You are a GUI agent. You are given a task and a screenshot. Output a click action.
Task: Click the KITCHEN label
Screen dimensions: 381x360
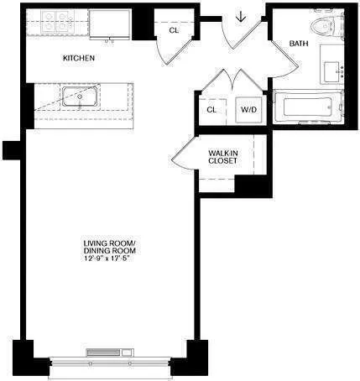[x=78, y=58]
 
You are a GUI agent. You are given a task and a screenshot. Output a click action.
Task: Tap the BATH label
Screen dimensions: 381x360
[x=299, y=43]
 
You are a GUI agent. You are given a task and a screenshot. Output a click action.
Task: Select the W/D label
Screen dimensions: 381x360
[x=248, y=109]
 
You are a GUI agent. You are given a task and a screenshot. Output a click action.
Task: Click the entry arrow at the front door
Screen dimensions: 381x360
[x=241, y=17]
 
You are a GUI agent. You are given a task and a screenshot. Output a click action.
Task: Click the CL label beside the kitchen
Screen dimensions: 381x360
[x=174, y=31]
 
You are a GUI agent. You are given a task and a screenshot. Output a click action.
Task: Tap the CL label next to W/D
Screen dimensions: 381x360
[x=211, y=109]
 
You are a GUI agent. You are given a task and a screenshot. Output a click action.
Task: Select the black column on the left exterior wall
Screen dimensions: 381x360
[x=10, y=149]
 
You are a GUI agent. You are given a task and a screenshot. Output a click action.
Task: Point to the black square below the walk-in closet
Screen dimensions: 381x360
[x=249, y=185]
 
